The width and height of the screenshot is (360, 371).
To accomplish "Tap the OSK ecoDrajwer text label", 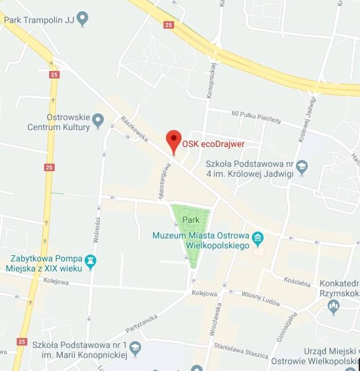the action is pos(213,144).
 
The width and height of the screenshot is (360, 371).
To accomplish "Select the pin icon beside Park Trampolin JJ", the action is pos(82,19).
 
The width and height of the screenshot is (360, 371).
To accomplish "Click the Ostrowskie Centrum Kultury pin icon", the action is pos(98,118).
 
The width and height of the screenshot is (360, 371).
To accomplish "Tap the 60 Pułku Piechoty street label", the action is pos(256,117).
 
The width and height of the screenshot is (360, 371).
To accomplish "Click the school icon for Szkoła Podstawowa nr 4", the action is pos(302,167).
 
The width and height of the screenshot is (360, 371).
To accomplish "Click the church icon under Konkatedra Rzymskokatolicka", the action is pos(334,305).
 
